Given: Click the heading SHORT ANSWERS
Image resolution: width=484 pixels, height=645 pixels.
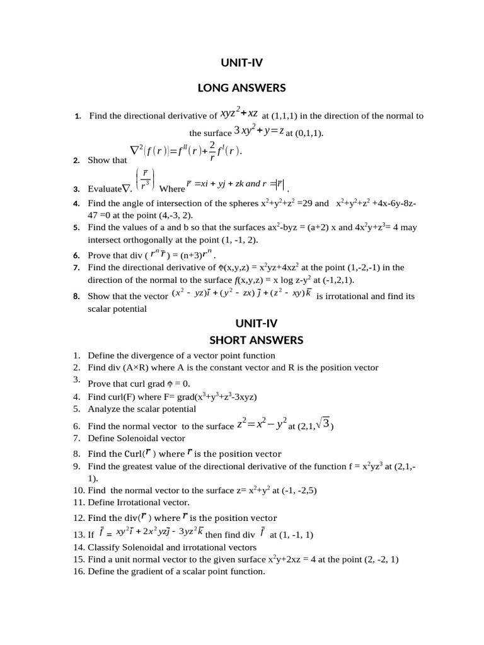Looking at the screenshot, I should pos(256,340).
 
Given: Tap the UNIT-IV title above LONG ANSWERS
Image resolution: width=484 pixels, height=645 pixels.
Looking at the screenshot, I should pos(242,62).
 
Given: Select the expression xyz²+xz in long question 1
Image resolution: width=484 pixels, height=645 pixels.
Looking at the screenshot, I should pos(239,113).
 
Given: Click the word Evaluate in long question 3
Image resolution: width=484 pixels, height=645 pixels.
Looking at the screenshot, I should pos(104,188).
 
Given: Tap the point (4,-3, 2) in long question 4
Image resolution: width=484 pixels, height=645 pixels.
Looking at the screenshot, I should pos(151,215).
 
